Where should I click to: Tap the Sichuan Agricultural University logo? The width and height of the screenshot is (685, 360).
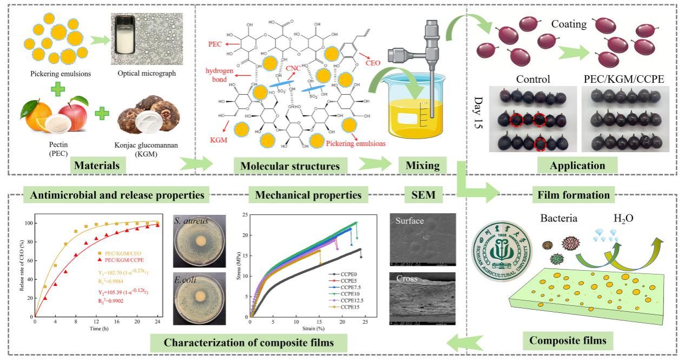(500, 248)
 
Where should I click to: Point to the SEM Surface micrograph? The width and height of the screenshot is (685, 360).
(422, 239)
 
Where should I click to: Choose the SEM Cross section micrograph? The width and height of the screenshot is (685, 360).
(422, 298)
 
